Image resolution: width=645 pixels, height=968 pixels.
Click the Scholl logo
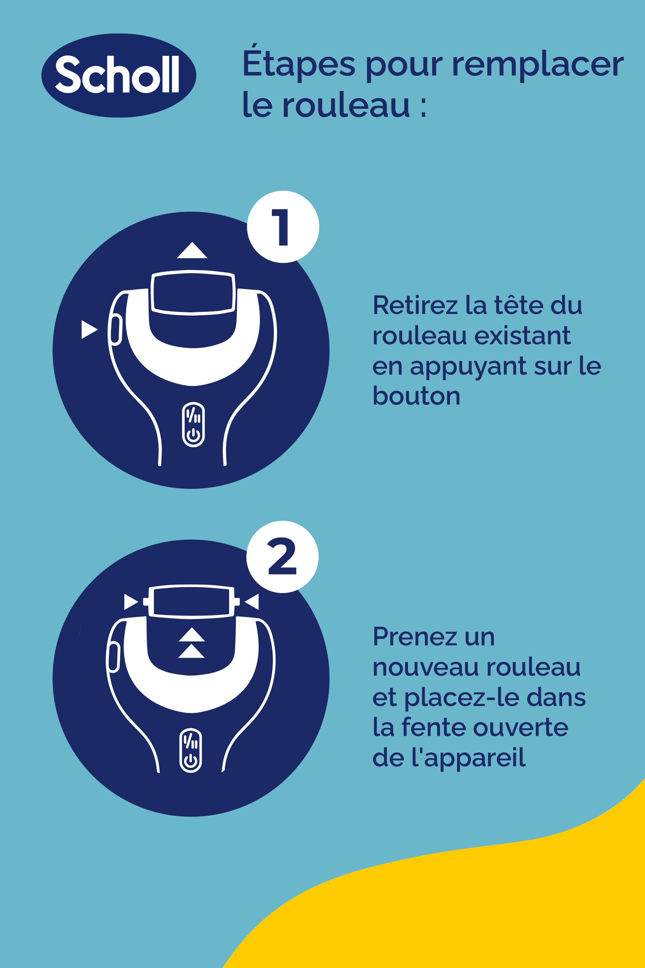pyautogui.click(x=118, y=75)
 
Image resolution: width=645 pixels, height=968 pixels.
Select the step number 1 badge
pyautogui.click(x=283, y=227)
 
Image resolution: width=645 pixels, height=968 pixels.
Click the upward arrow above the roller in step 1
pyautogui.click(x=192, y=251)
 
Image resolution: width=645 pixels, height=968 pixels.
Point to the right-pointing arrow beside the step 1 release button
pyautogui.click(x=89, y=329)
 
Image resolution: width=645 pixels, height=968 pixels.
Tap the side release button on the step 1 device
pyautogui.click(x=116, y=329)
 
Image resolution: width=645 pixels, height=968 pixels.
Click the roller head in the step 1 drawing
pyautogui.click(x=193, y=293)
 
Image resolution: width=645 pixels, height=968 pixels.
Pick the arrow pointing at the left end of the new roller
pyautogui.click(x=131, y=602)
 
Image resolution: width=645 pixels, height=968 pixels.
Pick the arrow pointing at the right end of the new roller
pyautogui.click(x=252, y=602)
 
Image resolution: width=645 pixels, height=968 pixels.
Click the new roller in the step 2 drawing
pyautogui.click(x=191, y=601)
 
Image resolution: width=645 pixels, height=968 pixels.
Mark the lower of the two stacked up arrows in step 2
pyautogui.click(x=191, y=652)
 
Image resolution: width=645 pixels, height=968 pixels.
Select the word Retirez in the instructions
pyautogui.click(x=415, y=305)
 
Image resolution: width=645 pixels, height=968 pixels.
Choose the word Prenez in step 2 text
pyautogui.click(x=415, y=637)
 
